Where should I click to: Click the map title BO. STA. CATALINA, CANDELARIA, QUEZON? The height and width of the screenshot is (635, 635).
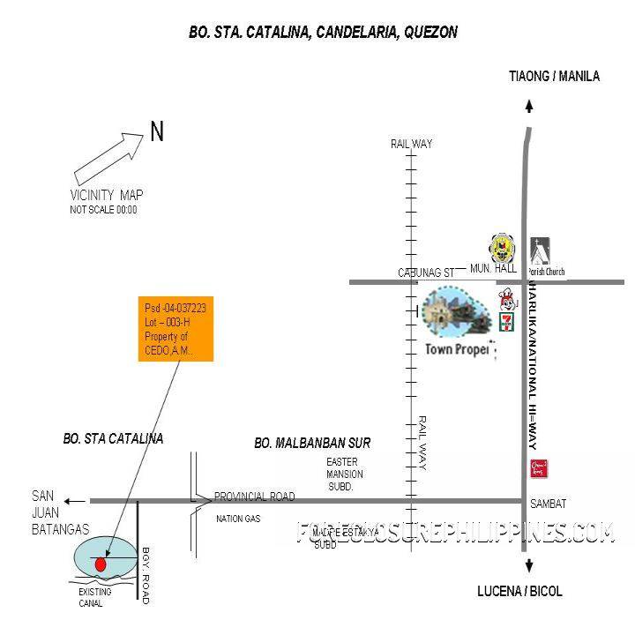pos(323,33)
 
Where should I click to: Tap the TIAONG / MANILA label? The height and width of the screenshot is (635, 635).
pos(554,77)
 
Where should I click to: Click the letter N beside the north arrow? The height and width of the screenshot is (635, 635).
pos(157,132)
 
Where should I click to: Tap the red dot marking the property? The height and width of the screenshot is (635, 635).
pos(101,564)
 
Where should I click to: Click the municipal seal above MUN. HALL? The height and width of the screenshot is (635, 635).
pos(500,246)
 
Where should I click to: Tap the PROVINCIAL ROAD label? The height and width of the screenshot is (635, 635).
pos(254,497)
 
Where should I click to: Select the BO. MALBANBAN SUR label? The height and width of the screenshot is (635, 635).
pos(312,443)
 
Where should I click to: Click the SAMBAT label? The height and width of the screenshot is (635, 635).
pos(548,504)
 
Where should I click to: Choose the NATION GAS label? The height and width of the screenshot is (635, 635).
pos(238,519)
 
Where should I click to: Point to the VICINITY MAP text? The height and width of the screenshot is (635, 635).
pos(106,195)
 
